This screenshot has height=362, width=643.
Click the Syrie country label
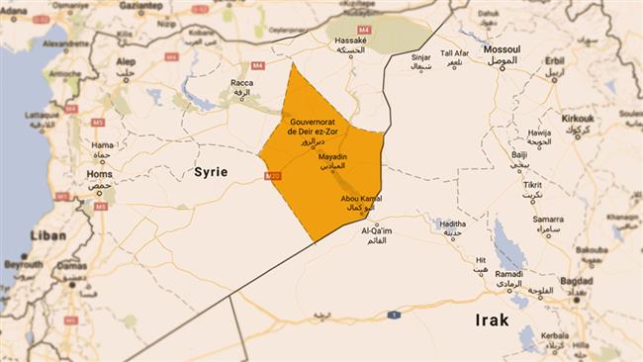point(210,172)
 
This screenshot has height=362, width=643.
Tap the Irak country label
point(491,320)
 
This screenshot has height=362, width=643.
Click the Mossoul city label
point(502,49)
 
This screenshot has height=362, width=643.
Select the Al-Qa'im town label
point(377,230)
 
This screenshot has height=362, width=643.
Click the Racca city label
point(241,84)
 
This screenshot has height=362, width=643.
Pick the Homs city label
point(100,174)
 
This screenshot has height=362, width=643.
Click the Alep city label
point(126,61)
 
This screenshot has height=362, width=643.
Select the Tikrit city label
point(532,185)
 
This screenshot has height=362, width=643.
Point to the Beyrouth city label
point(24,265)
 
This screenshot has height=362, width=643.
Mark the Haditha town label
point(451,224)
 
